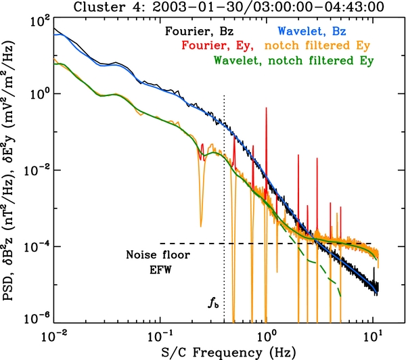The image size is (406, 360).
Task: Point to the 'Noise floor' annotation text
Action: pos(159,255)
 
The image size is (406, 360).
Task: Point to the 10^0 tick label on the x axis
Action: pos(267,334)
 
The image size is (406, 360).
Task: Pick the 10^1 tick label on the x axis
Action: pos(373,334)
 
